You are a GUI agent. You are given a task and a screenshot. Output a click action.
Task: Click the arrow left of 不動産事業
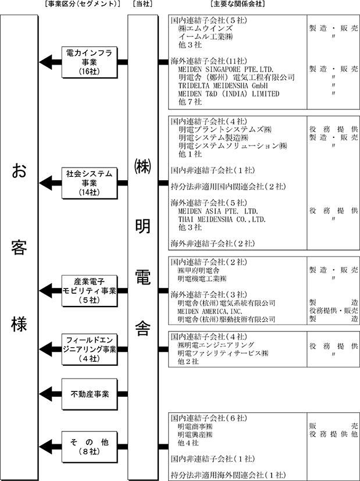coord(50,393)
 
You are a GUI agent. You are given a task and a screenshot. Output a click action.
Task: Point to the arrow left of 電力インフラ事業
coord(50,61)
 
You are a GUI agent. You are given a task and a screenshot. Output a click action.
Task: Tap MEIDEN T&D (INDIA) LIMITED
coord(229,94)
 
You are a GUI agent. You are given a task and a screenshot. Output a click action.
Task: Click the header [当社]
coord(143,5)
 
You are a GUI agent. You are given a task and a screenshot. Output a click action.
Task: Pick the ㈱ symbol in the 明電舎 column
coord(142,168)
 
